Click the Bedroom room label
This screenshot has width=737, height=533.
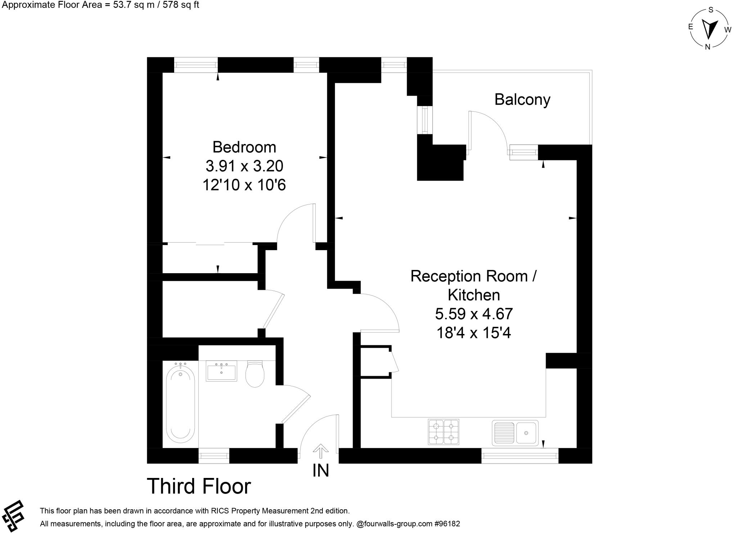point(244,147)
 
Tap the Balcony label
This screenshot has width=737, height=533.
point(522,99)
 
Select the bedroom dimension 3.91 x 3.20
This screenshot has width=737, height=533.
point(244,166)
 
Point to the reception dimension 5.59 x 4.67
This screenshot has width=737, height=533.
point(474,314)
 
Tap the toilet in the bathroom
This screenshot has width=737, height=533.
point(255,374)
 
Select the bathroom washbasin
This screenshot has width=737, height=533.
point(221,371)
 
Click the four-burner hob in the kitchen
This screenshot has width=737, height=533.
point(443,432)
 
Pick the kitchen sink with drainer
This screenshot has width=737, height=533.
point(515,432)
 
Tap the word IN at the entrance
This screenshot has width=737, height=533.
point(321,470)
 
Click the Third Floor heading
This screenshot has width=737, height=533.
point(199,486)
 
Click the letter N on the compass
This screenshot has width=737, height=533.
point(707,47)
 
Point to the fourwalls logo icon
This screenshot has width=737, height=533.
point(13,516)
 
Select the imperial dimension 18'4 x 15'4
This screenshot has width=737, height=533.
point(474,333)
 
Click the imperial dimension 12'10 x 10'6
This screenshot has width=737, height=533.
point(244,185)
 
